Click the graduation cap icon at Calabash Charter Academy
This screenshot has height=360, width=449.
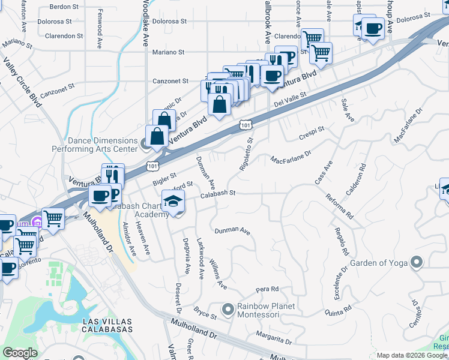[173, 201]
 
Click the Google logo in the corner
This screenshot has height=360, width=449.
[20, 353]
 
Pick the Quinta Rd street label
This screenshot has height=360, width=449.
[337, 310]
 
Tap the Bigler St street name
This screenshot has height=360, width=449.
[164, 177]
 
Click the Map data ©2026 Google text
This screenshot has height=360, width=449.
[412, 355]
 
